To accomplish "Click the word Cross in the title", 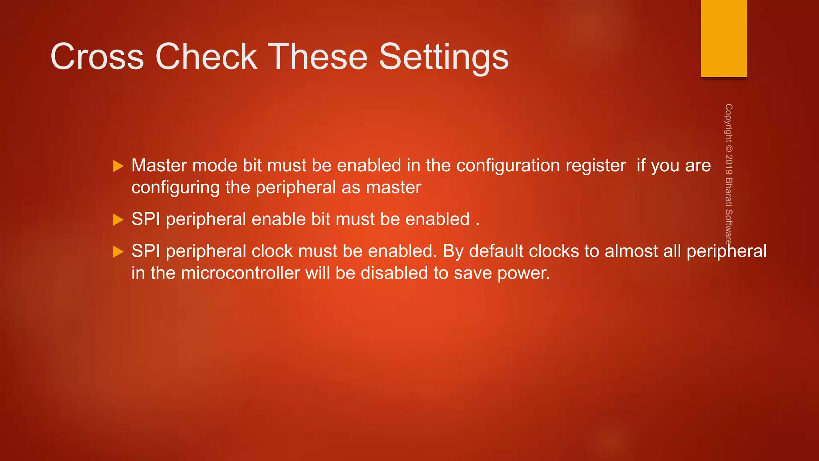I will pos(97,57).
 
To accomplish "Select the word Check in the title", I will pos(206,57).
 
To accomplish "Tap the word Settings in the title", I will pos(443,58).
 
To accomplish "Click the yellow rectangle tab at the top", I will pos(724,38).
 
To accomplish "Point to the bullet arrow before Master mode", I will pos(118,166).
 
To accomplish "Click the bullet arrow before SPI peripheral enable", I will pos(118,220).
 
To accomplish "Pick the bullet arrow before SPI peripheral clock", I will pos(118,252).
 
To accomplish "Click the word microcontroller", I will pos(240,273).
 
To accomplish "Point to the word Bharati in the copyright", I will pos(729,192).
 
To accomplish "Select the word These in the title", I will pos(317,57).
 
